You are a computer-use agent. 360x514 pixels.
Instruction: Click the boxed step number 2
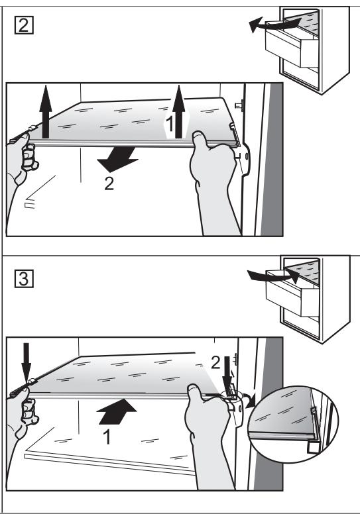tap(24, 25)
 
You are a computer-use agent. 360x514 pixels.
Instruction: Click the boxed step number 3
tap(24, 279)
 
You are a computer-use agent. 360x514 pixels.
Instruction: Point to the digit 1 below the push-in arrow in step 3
tap(107, 437)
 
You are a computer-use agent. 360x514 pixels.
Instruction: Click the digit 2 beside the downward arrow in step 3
tap(215, 363)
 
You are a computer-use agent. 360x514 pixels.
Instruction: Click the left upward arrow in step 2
tap(45, 111)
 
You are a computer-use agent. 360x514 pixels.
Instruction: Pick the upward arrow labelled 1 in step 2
tap(178, 111)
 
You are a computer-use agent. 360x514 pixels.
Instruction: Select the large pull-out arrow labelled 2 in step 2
tap(117, 159)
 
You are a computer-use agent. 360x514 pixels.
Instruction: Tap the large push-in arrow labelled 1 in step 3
tap(117, 412)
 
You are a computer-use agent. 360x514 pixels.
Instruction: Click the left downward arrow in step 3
tap(27, 363)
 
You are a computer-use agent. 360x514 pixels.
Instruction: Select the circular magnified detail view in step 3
tap(294, 424)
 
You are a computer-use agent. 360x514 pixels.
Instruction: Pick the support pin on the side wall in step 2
tap(239, 105)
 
